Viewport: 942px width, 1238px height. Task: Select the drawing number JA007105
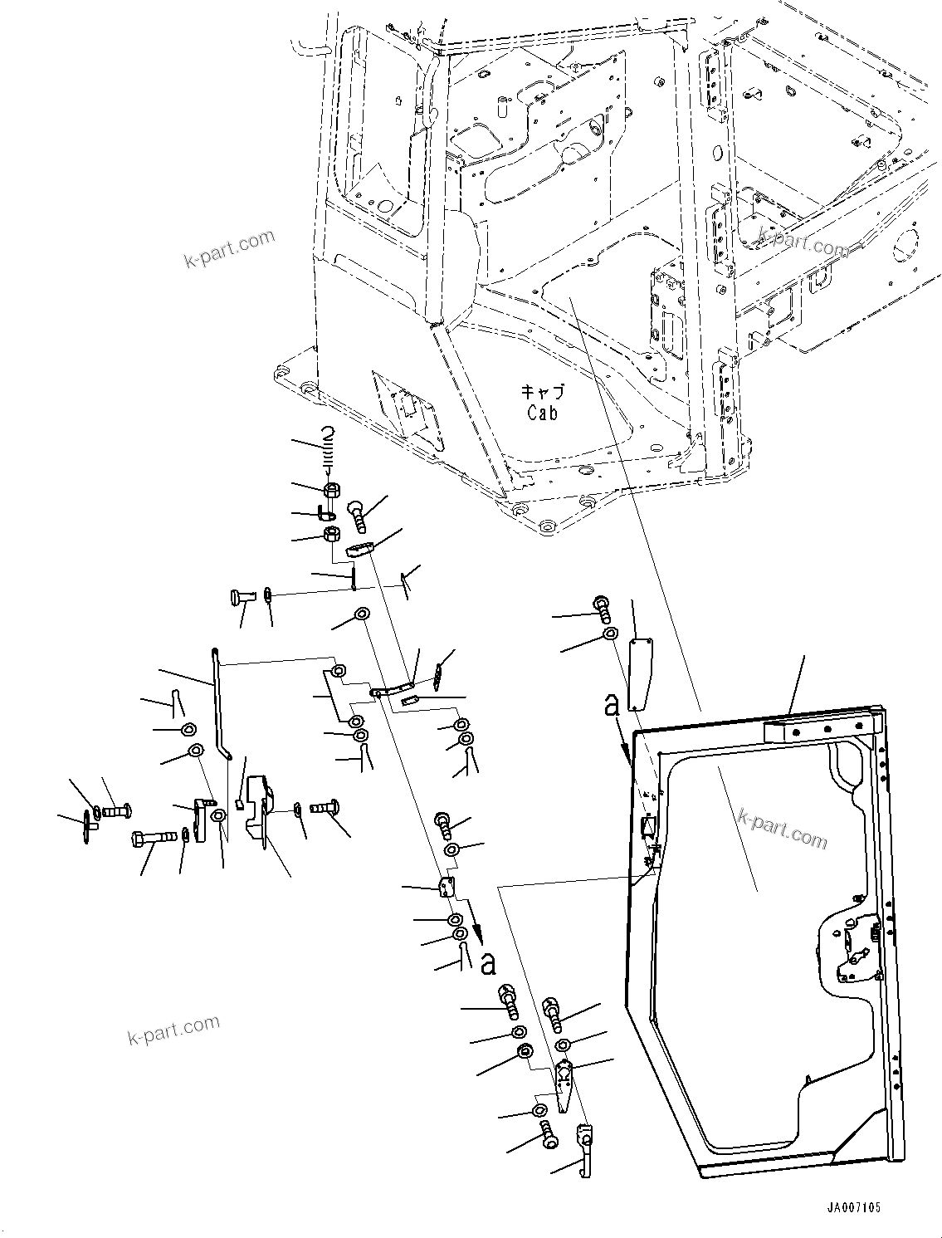pos(853,1208)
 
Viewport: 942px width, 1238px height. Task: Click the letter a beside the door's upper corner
pos(612,706)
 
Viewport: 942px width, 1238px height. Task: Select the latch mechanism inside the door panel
pos(849,942)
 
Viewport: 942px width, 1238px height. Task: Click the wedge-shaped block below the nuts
pos(360,549)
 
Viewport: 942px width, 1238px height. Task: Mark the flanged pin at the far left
pos(88,819)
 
